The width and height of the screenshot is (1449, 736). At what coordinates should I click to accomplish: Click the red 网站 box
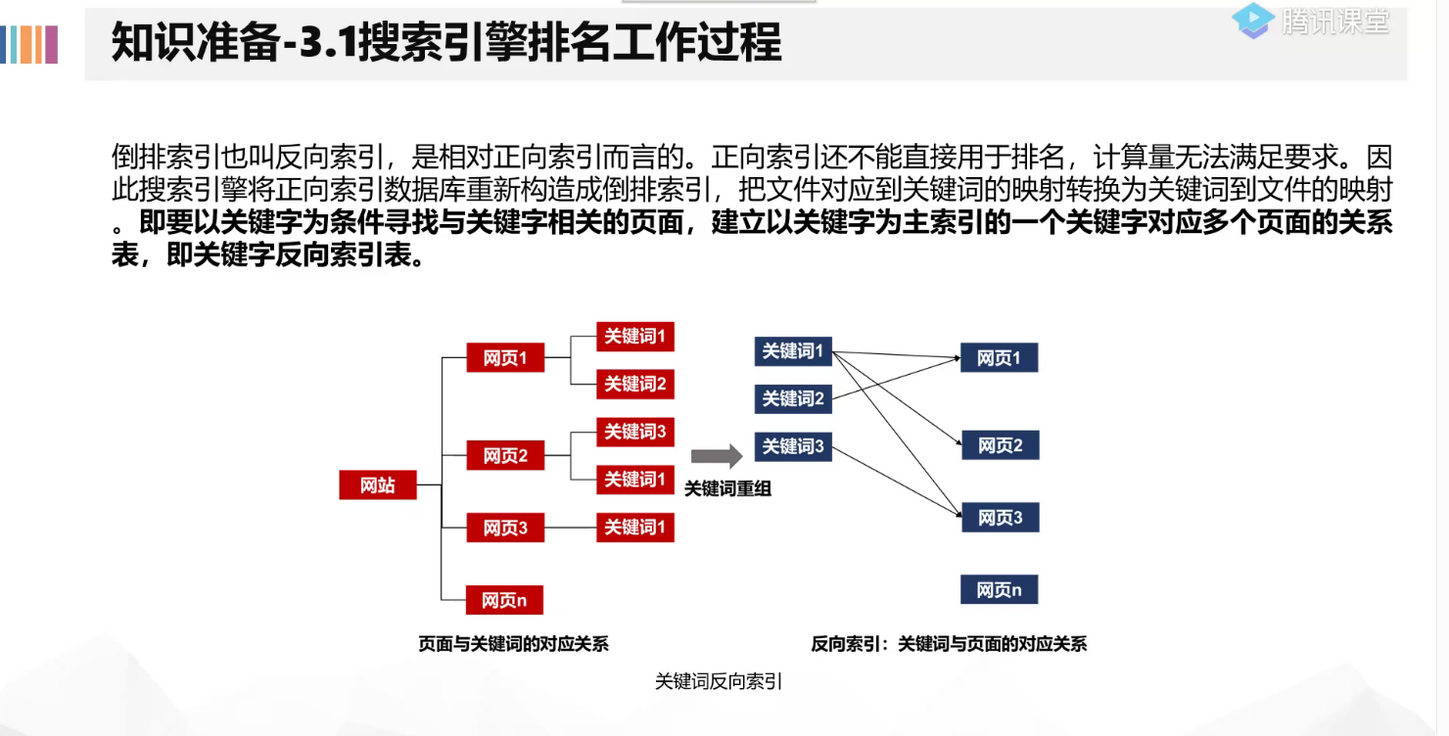pyautogui.click(x=378, y=484)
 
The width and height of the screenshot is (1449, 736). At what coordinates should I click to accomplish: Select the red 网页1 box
pyautogui.click(x=505, y=358)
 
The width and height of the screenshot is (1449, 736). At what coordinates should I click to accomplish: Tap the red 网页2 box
pyautogui.click(x=505, y=455)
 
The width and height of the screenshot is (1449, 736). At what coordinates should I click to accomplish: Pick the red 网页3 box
pyautogui.click(x=505, y=528)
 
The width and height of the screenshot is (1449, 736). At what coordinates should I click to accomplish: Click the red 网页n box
pyautogui.click(x=505, y=599)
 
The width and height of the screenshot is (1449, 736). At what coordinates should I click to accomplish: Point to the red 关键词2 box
pyautogui.click(x=635, y=384)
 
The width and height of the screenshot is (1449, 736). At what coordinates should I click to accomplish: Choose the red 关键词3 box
pyautogui.click(x=635, y=432)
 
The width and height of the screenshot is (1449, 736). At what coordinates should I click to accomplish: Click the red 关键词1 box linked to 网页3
pyautogui.click(x=635, y=528)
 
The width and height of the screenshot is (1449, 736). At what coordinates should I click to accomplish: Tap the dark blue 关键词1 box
pyautogui.click(x=793, y=350)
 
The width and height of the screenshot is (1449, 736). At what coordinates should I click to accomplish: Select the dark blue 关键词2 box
pyautogui.click(x=793, y=398)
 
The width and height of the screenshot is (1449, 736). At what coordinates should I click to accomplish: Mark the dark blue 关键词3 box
pyautogui.click(x=793, y=446)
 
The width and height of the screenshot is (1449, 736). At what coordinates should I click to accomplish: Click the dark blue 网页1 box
pyautogui.click(x=999, y=358)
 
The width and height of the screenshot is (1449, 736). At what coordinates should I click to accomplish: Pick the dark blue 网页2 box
pyautogui.click(x=1000, y=445)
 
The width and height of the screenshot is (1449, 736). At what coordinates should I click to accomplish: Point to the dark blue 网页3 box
pyautogui.click(x=1000, y=518)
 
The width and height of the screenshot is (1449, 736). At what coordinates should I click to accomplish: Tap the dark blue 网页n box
pyautogui.click(x=1000, y=589)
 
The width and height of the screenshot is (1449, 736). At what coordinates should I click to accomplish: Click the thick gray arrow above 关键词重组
pyautogui.click(x=717, y=456)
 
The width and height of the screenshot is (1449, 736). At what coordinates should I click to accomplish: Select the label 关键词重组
pyautogui.click(x=727, y=488)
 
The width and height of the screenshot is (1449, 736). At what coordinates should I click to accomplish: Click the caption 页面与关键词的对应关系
pyautogui.click(x=514, y=643)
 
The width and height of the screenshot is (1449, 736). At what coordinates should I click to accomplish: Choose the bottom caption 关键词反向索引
pyautogui.click(x=719, y=682)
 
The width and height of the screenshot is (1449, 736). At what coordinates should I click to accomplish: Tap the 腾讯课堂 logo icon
pyautogui.click(x=1253, y=20)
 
